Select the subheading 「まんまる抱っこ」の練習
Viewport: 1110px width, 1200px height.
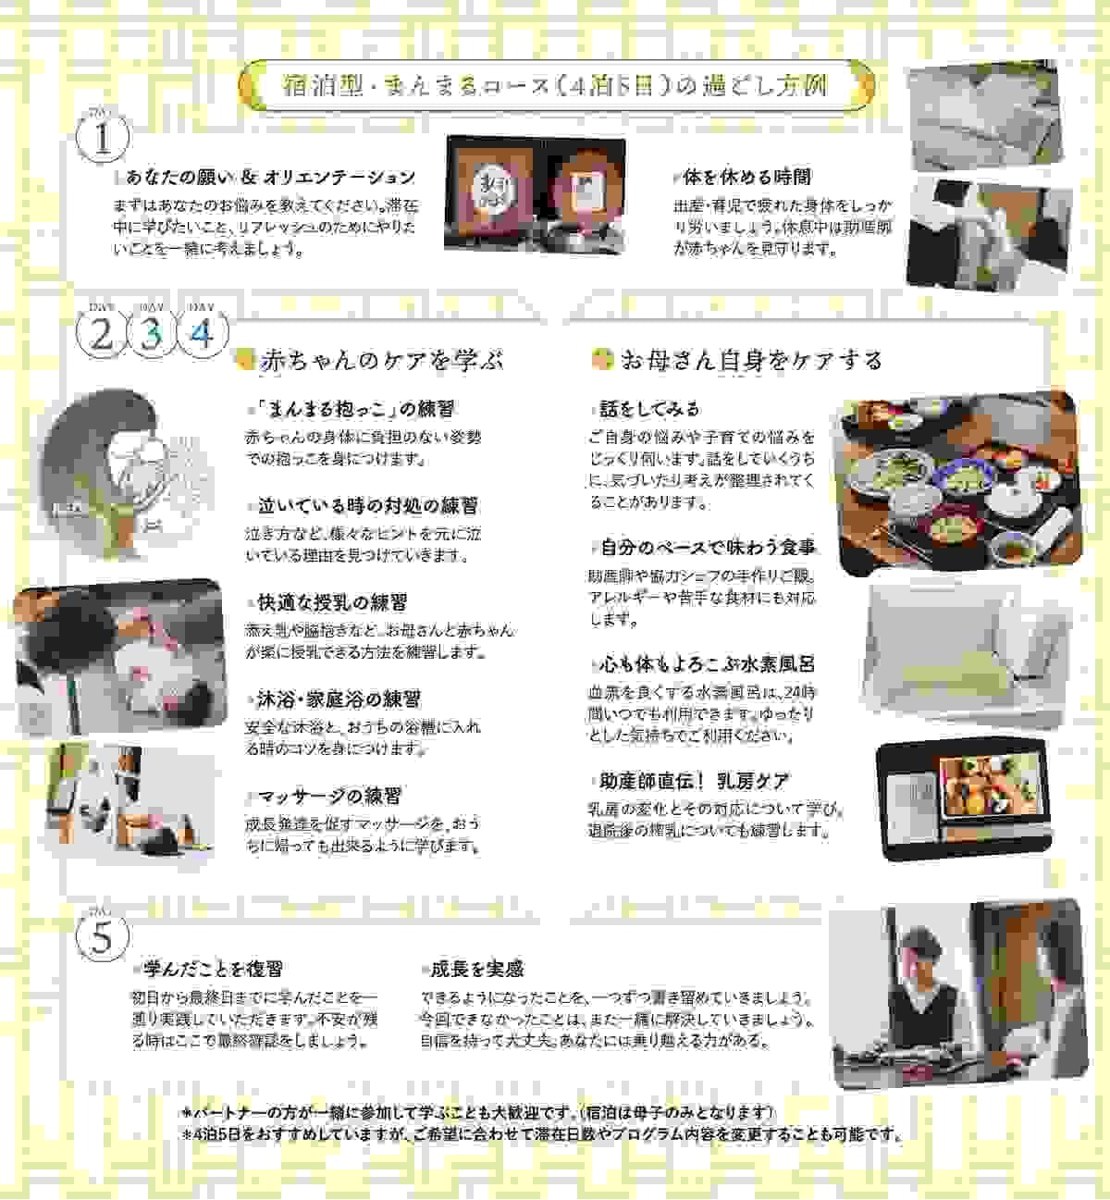point(355,409)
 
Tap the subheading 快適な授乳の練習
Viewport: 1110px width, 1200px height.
point(331,602)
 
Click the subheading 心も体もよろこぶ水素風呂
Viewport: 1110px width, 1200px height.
point(708,664)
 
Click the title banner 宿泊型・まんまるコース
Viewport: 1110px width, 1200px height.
point(555,87)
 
